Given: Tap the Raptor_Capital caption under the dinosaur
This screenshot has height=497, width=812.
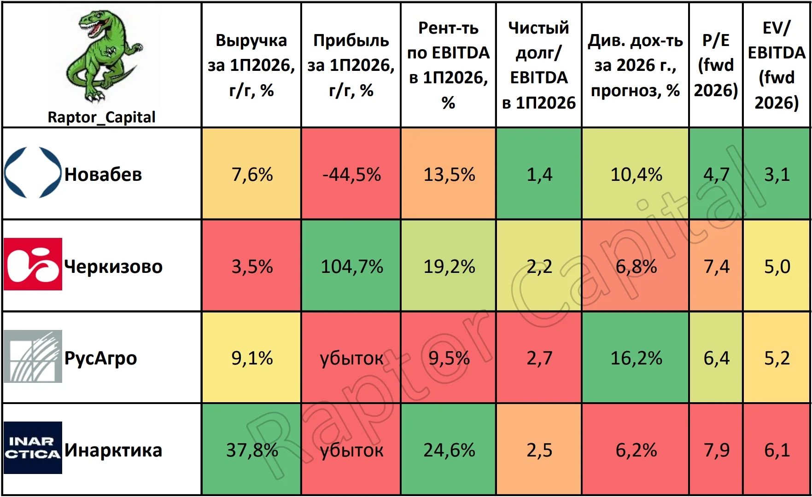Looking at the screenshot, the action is coord(102,117).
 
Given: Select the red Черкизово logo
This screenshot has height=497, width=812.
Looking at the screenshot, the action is coord(33,264).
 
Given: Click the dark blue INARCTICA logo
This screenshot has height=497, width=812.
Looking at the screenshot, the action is coord(33,448).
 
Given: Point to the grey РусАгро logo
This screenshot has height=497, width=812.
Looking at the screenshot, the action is coord(33,356).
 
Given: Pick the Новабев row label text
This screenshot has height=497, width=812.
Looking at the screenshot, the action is coord(103,174).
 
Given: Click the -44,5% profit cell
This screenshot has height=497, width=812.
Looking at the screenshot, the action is coord(351,174).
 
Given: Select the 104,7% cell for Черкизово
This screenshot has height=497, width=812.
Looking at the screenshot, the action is coord(351,266).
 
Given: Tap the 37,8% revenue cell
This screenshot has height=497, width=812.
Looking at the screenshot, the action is coord(252,450).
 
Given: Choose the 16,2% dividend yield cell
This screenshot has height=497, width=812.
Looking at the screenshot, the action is coord(636,358).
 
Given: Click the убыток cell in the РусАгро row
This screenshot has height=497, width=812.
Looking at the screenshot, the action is coord(351,358).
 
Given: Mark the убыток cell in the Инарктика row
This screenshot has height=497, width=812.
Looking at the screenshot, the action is coord(351,450).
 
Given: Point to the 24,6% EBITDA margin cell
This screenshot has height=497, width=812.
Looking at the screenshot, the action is coord(449,450).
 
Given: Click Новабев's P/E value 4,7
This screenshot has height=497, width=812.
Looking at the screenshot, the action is coord(716,174).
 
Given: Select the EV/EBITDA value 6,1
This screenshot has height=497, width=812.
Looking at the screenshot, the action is coord(777,450).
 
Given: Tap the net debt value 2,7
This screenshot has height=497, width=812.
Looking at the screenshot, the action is coord(539,358).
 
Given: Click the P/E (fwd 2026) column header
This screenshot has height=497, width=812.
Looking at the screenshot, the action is coord(716,65).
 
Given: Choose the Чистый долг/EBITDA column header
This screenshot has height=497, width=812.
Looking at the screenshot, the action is coord(539,65).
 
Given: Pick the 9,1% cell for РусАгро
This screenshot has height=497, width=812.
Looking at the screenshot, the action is coord(252,358).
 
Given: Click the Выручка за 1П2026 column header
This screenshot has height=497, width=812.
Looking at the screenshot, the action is coord(251,65).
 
